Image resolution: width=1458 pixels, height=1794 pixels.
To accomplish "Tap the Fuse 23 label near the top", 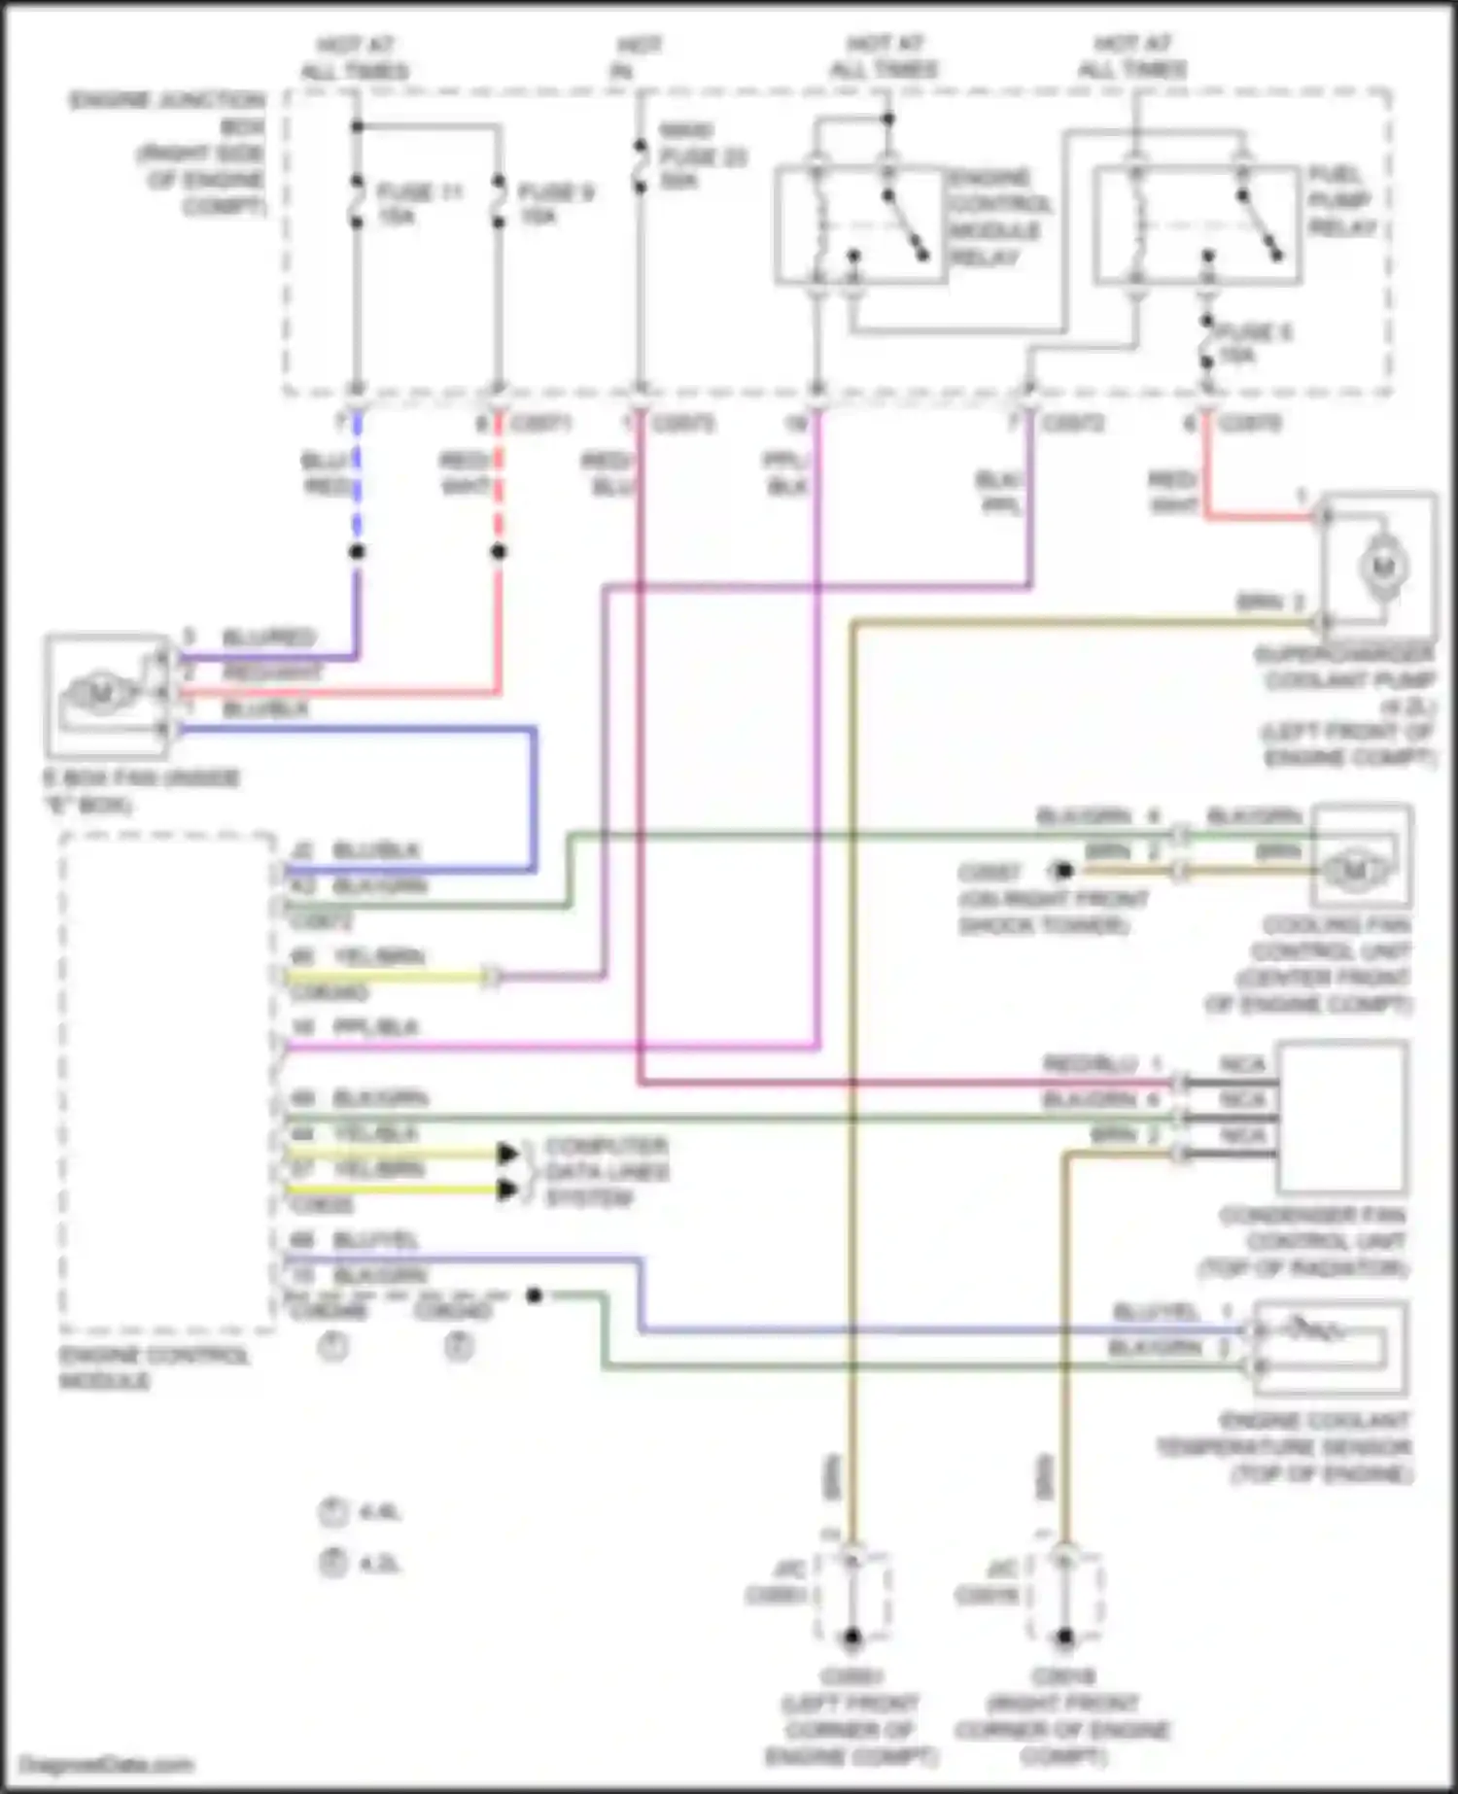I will pos(702,155).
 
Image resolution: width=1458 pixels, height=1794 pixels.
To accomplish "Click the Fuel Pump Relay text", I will pos(1342,201).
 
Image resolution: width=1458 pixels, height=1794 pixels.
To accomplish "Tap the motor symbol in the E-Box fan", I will pos(101,694).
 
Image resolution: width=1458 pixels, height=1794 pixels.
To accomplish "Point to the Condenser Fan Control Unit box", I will pos(1341,1117).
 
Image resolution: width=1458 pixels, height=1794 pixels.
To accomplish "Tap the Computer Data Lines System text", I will pos(606,1171).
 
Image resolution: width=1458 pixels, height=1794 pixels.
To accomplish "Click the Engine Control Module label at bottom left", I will pos(154,1367).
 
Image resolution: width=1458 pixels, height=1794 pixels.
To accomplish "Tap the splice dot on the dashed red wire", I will pos(499,551).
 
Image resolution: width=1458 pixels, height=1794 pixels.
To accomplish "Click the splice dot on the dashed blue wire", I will pos(357,551).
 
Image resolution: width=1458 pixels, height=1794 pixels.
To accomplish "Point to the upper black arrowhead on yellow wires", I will pos(507,1154).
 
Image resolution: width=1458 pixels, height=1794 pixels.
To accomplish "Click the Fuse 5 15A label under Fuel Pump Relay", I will pos(1254,343).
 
